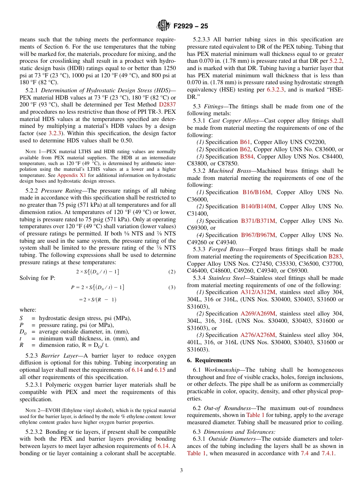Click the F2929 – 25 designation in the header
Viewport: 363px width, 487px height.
[x=191, y=26]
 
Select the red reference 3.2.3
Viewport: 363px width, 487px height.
[x=55, y=133]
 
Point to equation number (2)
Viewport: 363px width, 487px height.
[x=172, y=272]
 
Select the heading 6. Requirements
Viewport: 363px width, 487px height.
[x=209, y=360]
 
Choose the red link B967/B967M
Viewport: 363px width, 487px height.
[x=258, y=235]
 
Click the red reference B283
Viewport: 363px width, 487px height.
[x=335, y=257]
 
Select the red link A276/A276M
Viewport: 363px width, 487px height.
[x=258, y=335]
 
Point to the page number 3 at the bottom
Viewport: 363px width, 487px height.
[x=181, y=471]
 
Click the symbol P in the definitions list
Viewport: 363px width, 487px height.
[x=22, y=325]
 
